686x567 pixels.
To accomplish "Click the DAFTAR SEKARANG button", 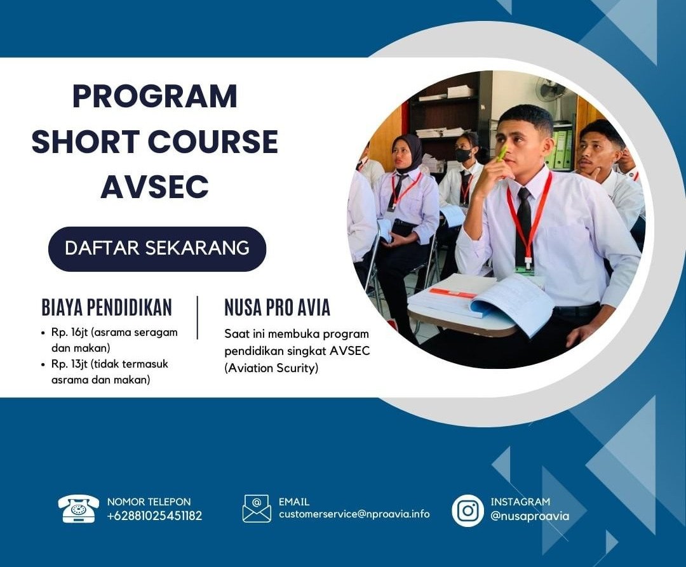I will coord(157,248).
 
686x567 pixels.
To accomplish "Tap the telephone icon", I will coord(79,509).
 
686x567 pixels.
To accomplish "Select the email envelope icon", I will coord(257,509).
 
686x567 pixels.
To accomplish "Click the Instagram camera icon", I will coord(468,510).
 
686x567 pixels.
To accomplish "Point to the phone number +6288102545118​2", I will coord(154,516).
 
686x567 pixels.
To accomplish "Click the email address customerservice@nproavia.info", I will coord(354,514).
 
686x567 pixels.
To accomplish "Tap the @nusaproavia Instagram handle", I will coord(530,516).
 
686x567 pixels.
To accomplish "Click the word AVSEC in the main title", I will coord(154,187).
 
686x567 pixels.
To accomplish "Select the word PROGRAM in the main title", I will coord(154,97).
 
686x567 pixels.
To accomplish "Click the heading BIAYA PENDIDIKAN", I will coord(107,307).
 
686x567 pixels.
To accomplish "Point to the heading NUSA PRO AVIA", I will coord(277,307).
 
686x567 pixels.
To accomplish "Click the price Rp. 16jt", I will coord(71,332).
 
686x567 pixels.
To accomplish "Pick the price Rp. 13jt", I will coord(71,364).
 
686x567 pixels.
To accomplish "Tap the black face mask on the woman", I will coord(462,155).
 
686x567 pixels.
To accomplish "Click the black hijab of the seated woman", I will coord(408,152).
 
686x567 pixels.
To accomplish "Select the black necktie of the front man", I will coord(523,225).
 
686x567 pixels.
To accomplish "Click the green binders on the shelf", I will coord(558,150).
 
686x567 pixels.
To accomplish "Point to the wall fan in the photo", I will coord(550,91).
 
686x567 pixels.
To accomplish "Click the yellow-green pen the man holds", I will coord(501,154).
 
